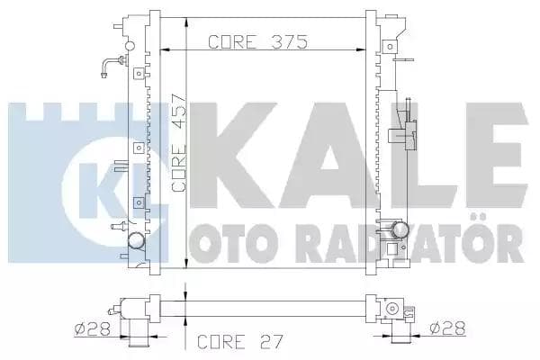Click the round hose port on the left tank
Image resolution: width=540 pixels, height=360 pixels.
136,240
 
